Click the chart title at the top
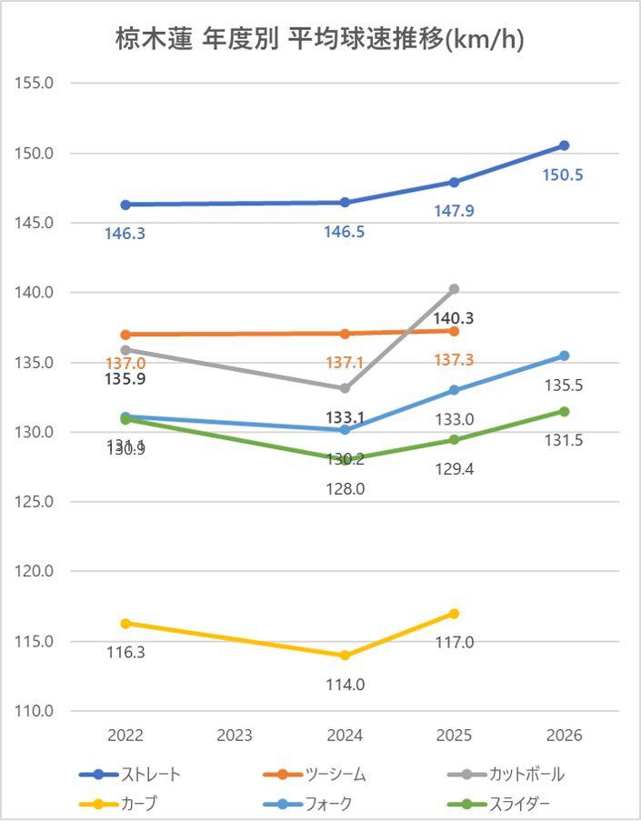pyautogui.click(x=320, y=40)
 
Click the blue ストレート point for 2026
pyautogui.click(x=564, y=145)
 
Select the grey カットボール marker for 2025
pyautogui.click(x=454, y=289)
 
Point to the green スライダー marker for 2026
pyautogui.click(x=564, y=411)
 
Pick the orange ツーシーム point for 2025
pyautogui.click(x=454, y=331)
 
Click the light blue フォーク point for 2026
pyautogui.click(x=564, y=355)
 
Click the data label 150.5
pyautogui.click(x=564, y=175)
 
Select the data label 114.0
pyautogui.click(x=346, y=685)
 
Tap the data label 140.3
pyautogui.click(x=454, y=318)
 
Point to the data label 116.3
pyautogui.click(x=125, y=652)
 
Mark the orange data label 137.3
pyautogui.click(x=454, y=360)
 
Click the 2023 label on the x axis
pyautogui.click(x=235, y=735)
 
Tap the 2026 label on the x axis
pyautogui.click(x=564, y=735)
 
